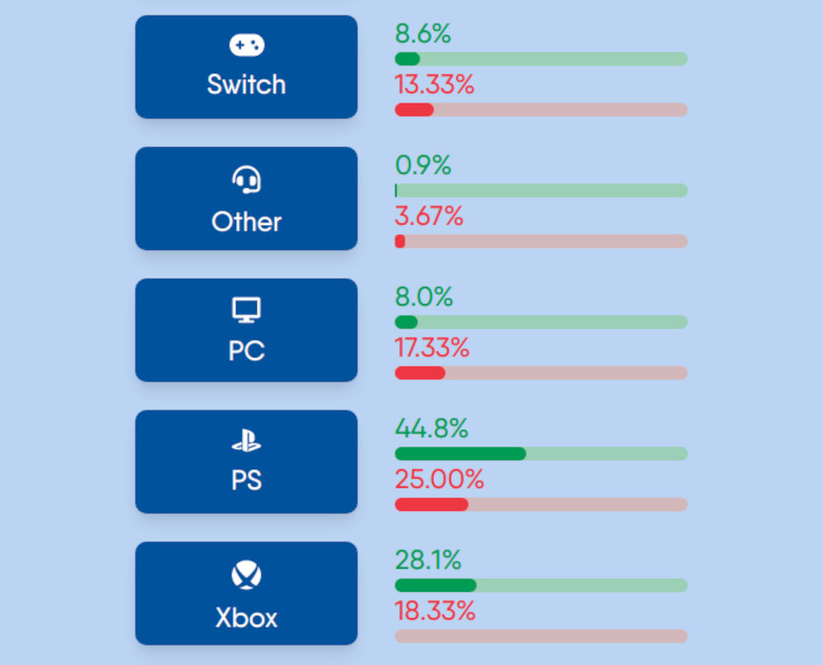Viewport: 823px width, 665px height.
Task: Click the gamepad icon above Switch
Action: tap(246, 46)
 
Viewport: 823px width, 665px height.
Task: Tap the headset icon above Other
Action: tap(246, 179)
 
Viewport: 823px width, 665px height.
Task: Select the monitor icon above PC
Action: tap(246, 310)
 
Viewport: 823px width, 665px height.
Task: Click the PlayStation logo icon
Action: tap(246, 442)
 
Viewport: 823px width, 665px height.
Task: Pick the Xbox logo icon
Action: tap(246, 575)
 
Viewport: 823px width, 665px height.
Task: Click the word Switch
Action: tap(246, 85)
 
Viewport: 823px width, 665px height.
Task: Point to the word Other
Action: tap(246, 221)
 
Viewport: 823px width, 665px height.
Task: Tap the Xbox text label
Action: tap(246, 617)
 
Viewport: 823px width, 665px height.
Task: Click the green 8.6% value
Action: tap(423, 35)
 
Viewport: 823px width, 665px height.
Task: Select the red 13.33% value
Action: tap(435, 85)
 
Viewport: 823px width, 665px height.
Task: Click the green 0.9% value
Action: tap(423, 165)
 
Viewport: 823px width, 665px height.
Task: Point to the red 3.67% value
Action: tap(429, 216)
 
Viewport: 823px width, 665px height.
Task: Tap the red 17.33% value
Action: tap(432, 348)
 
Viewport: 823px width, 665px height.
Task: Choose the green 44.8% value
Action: tap(431, 429)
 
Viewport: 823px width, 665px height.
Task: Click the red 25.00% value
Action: tap(439, 480)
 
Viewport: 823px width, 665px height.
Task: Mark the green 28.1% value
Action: tap(428, 560)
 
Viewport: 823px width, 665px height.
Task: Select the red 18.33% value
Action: tap(435, 612)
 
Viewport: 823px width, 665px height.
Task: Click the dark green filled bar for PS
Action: tap(460, 453)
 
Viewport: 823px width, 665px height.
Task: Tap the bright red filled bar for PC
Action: tap(420, 373)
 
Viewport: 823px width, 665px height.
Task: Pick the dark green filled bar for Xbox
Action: tap(435, 585)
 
